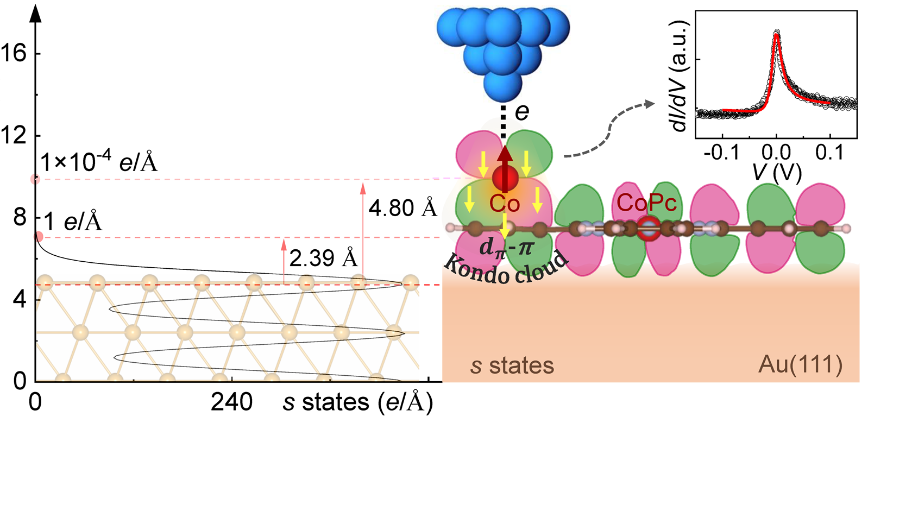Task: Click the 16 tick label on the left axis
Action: [13, 53]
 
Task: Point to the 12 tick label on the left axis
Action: [13, 135]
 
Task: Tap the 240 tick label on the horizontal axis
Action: [231, 402]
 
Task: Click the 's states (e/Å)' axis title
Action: [358, 402]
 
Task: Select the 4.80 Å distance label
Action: [402, 208]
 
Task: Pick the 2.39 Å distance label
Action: [323, 258]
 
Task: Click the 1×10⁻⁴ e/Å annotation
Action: [99, 162]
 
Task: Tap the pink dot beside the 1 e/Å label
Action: [39, 236]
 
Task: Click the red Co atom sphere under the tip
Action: [505, 178]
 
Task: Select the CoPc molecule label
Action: [646, 203]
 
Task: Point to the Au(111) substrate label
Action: [800, 365]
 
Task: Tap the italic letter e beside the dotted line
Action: [522, 112]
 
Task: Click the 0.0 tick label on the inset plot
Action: [776, 153]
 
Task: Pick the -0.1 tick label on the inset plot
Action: [721, 153]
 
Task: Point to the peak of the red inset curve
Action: [777, 35]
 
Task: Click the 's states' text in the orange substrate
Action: [512, 366]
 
